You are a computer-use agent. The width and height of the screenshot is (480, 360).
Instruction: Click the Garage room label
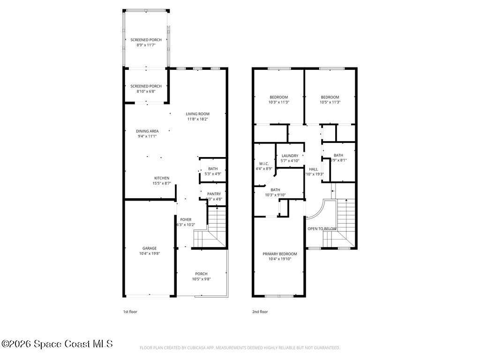click(150, 248)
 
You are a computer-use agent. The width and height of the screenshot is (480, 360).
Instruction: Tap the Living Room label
click(197, 114)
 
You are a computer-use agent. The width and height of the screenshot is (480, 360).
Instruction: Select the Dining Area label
click(147, 131)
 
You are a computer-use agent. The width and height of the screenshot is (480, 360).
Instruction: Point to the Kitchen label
click(162, 178)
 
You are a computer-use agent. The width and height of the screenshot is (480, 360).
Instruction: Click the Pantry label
click(214, 194)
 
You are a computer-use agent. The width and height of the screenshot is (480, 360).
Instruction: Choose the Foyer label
click(186, 219)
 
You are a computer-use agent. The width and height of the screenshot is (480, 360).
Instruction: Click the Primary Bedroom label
click(279, 254)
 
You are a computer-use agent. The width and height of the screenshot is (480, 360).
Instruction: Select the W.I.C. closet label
click(264, 164)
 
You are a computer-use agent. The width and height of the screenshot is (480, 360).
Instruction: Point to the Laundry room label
click(290, 156)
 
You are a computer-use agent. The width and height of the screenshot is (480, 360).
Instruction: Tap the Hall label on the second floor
click(313, 169)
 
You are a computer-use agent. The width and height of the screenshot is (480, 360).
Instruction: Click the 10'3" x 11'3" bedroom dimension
click(278, 102)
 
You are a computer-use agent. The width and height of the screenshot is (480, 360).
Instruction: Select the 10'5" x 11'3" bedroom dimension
click(330, 102)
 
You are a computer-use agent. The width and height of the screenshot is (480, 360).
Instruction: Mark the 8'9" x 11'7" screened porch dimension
click(146, 45)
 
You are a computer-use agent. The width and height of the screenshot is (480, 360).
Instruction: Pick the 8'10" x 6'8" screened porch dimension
click(146, 91)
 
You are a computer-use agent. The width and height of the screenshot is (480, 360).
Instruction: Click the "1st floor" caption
click(130, 311)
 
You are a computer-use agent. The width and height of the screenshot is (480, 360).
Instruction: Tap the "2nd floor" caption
click(260, 311)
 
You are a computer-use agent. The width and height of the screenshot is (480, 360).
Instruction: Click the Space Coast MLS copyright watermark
click(57, 344)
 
